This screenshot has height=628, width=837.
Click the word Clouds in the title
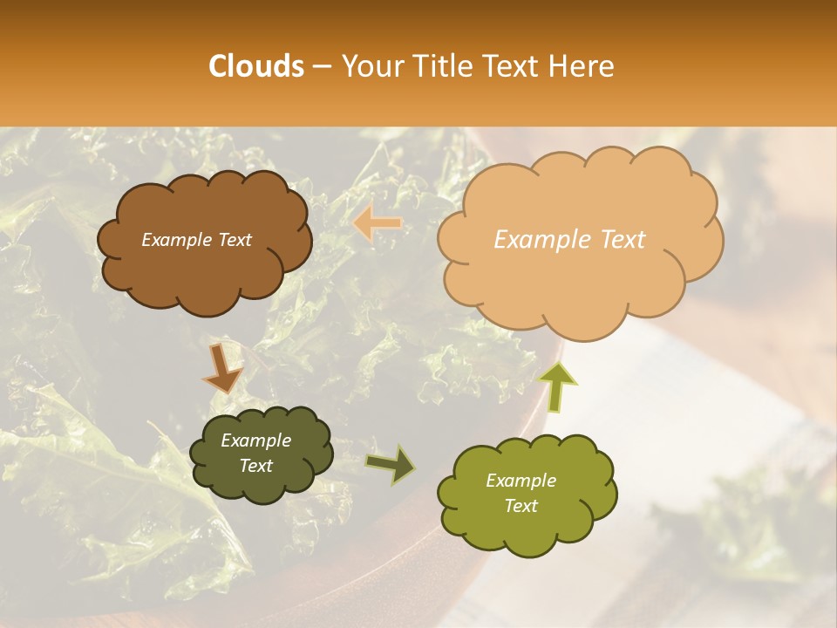[x=256, y=66]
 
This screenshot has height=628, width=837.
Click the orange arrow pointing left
[x=377, y=224]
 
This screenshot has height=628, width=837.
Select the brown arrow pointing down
[x=222, y=370]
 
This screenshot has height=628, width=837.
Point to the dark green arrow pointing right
[x=391, y=465]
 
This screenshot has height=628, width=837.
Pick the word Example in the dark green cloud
[x=255, y=441]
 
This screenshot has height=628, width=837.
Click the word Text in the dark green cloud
[x=255, y=466]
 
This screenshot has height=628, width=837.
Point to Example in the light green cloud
[x=521, y=481]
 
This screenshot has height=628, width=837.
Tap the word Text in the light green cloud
[x=521, y=506]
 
